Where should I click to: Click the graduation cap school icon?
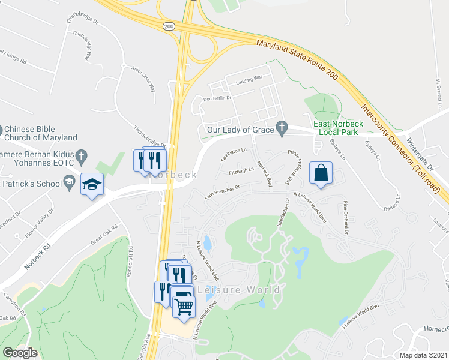pyautogui.click(x=92, y=184)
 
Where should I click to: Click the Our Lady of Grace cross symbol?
pyautogui.click(x=280, y=128)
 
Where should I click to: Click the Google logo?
pyautogui.click(x=20, y=352)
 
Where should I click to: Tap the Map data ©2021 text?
pyautogui.click(x=423, y=355)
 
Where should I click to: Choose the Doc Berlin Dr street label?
pyautogui.click(x=217, y=98)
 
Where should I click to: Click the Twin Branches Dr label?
pyautogui.click(x=223, y=193)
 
